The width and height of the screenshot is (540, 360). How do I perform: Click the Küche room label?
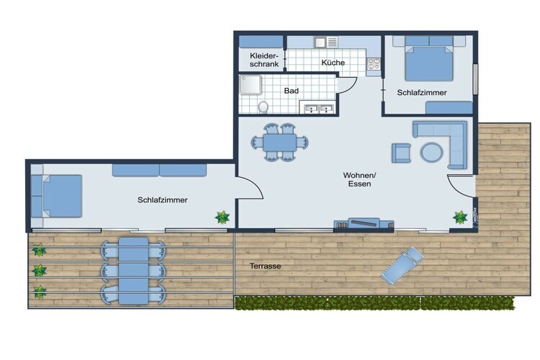[x=333, y=63]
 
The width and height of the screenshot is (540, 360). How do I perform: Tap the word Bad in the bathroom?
[x=291, y=91]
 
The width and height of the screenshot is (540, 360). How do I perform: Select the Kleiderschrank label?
[x=264, y=60]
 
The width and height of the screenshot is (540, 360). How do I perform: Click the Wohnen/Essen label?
[x=359, y=179]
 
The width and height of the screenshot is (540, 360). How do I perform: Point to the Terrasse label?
[x=265, y=266]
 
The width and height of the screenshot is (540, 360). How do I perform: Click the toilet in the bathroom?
[x=264, y=107]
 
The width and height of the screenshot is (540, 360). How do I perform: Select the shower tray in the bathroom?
[x=251, y=84]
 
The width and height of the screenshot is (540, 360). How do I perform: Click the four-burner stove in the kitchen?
[x=374, y=64]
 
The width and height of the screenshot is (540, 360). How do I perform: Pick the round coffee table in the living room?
[x=431, y=152]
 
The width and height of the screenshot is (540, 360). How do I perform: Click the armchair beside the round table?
[x=401, y=153]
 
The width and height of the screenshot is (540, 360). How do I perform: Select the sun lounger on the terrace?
[x=402, y=265]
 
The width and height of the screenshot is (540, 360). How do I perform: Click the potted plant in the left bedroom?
[x=222, y=217]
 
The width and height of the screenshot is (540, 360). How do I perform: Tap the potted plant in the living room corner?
[x=460, y=217]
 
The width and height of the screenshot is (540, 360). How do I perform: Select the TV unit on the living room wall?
[x=364, y=223]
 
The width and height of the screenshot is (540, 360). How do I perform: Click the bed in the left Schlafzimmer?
[x=57, y=196]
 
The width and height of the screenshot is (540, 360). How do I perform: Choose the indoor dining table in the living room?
[x=279, y=143]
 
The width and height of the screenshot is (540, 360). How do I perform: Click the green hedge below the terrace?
[x=374, y=303]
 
